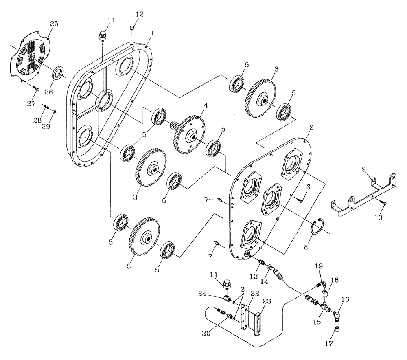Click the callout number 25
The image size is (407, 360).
54,24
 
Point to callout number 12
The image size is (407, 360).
139,14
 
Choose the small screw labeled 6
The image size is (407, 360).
299,199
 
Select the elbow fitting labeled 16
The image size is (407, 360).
337,313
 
